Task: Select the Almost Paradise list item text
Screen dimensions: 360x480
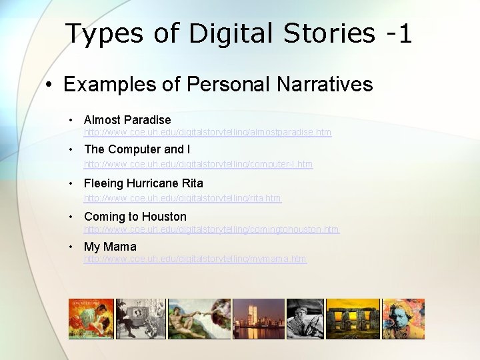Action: [x=127, y=120]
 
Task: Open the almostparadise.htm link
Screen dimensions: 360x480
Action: [x=207, y=133]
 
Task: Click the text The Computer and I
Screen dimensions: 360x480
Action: [x=137, y=149]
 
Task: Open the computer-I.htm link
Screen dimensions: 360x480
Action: [x=198, y=164]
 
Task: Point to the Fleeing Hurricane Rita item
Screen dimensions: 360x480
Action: [x=143, y=183]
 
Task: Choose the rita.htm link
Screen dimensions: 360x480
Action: [x=183, y=198]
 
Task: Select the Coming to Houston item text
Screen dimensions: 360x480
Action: [x=135, y=217]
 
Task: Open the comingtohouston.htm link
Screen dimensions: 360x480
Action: [x=211, y=229]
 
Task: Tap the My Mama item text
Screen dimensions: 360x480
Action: [x=110, y=247]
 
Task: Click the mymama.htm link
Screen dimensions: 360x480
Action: [x=195, y=259]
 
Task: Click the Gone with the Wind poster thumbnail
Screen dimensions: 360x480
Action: [x=91, y=319]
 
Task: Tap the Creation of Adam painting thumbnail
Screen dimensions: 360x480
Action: [x=199, y=319]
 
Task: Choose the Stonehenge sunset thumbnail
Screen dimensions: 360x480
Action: [x=351, y=319]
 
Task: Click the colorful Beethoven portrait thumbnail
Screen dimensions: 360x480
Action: [x=402, y=319]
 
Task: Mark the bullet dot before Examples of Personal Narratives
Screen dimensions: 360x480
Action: [x=49, y=85]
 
